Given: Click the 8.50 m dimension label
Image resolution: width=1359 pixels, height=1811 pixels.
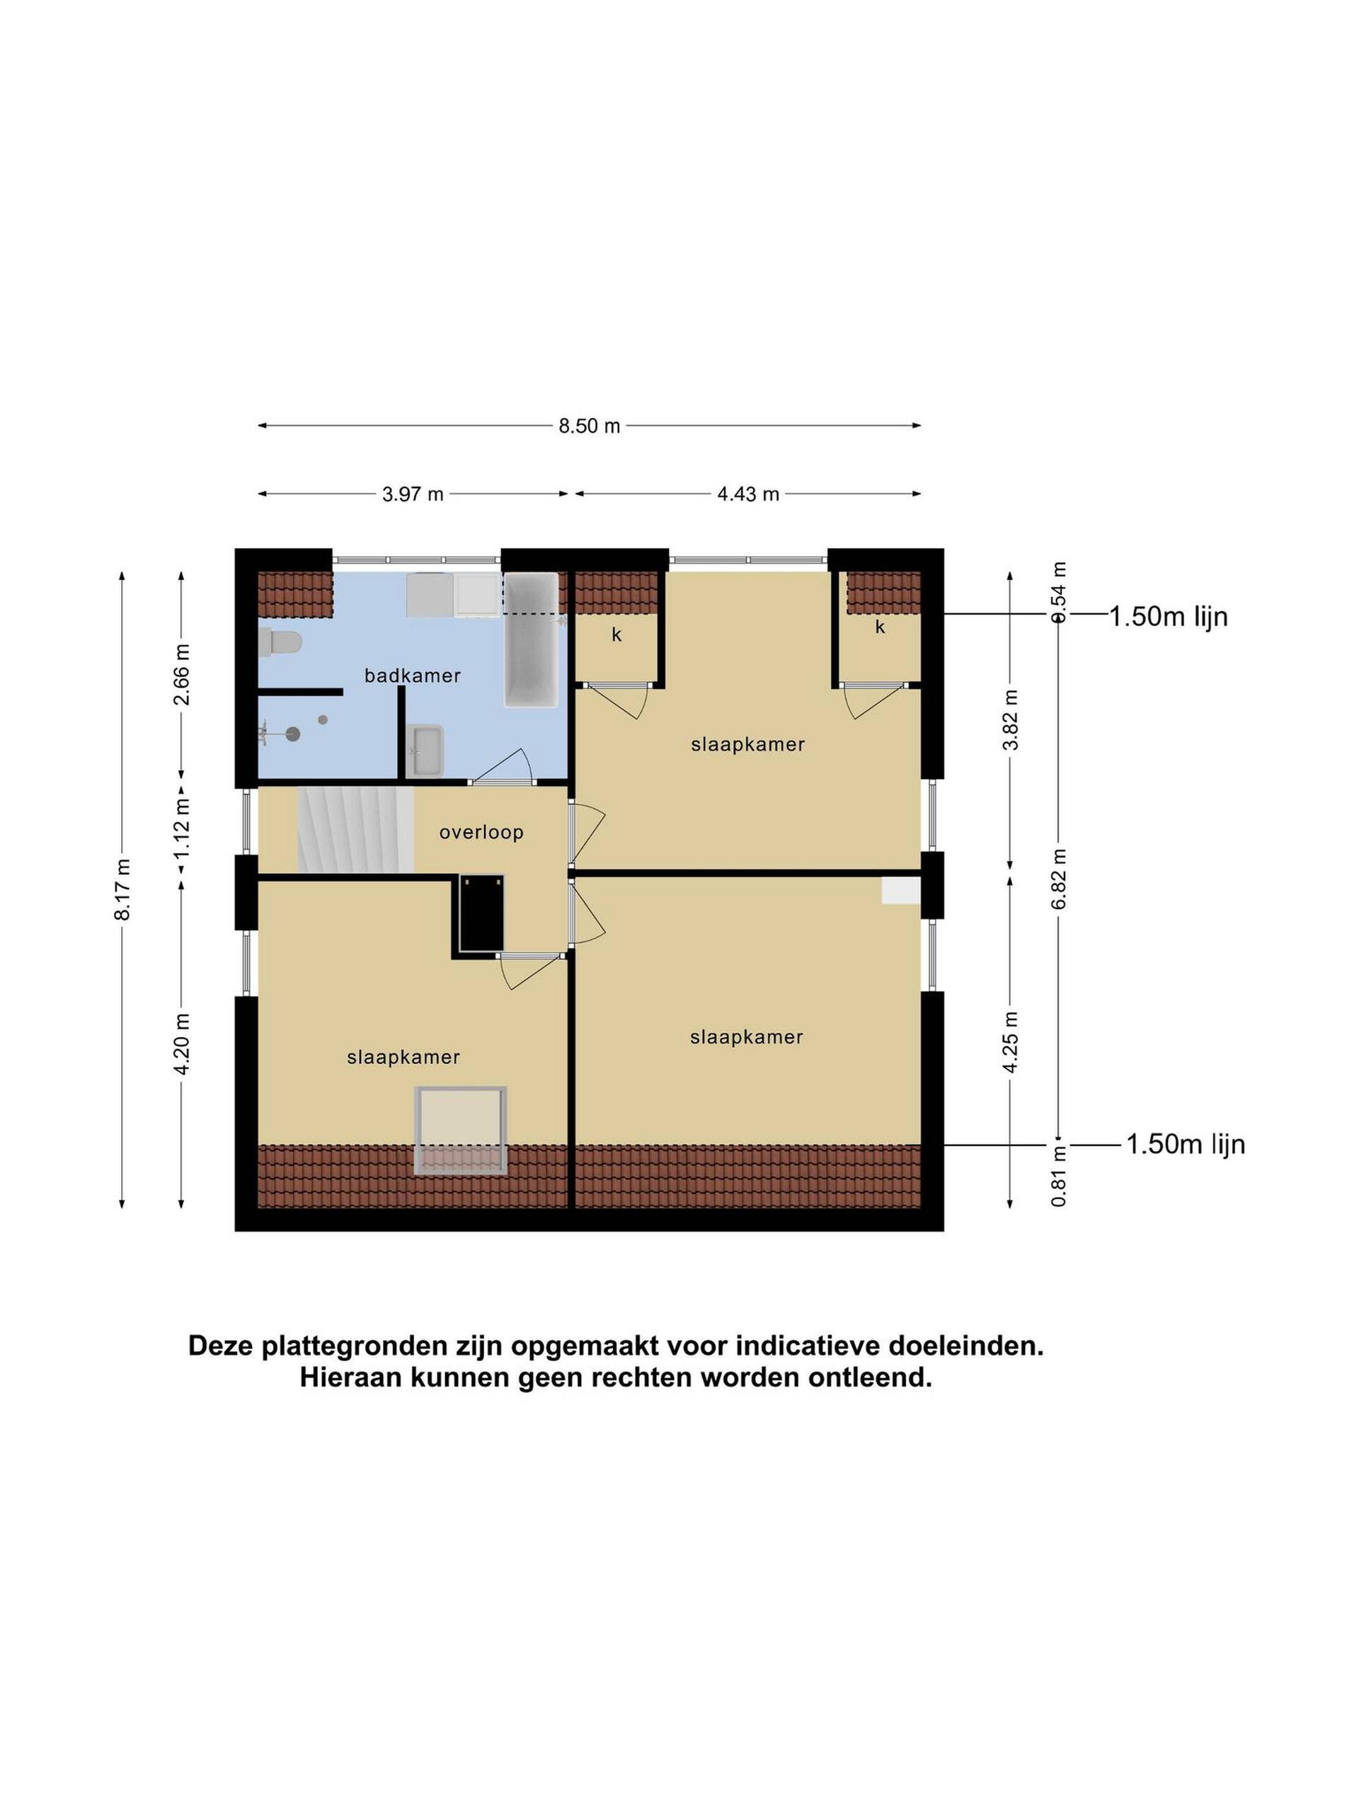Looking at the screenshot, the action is pyautogui.click(x=589, y=427).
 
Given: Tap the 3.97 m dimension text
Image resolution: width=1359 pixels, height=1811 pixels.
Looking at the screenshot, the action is pyautogui.click(x=413, y=494).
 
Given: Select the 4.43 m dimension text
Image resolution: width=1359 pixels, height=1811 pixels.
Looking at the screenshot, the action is pyautogui.click(x=748, y=494).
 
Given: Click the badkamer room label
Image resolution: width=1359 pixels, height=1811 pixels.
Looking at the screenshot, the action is pyautogui.click(x=412, y=676).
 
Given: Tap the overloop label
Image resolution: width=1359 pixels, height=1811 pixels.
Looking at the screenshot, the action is pyautogui.click(x=481, y=832).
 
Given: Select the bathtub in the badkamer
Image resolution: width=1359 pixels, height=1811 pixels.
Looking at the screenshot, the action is pyautogui.click(x=532, y=640).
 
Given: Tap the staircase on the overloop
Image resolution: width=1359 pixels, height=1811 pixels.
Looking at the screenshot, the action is pyautogui.click(x=355, y=828).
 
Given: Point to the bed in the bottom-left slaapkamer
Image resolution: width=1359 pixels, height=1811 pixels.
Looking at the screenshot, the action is pyautogui.click(x=460, y=1130).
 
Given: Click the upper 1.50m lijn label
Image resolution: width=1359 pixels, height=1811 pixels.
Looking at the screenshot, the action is pyautogui.click(x=1168, y=615).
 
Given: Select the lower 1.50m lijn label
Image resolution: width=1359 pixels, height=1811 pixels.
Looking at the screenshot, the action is pyautogui.click(x=1186, y=1144).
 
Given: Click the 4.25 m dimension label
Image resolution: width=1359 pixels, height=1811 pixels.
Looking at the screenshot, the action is pyautogui.click(x=1010, y=1041).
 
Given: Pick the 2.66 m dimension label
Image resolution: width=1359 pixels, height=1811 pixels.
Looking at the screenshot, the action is pyautogui.click(x=182, y=673).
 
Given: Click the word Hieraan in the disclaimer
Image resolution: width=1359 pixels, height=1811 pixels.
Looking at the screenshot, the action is pyautogui.click(x=350, y=1377).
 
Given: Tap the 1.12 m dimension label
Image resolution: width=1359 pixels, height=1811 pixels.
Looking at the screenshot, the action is pyautogui.click(x=182, y=828).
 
